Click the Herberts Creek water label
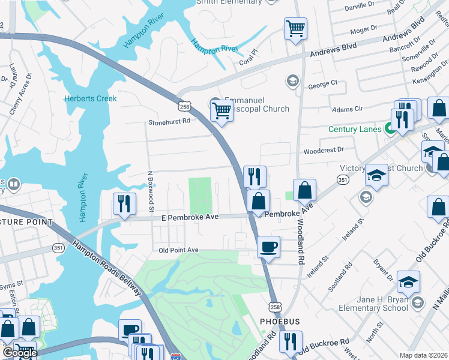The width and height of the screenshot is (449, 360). point(91,98)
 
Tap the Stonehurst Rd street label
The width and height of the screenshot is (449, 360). point(169,121)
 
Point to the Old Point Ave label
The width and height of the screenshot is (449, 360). point(178,250)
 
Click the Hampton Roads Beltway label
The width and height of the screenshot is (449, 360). point(109,268)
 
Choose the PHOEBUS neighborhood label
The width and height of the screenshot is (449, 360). point(279,322)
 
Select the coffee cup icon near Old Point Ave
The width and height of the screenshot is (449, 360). point(268,247)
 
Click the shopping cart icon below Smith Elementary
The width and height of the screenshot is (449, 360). point(295,28)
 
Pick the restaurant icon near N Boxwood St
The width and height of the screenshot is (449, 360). point(124,204)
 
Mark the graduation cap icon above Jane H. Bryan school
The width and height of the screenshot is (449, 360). point(408,282)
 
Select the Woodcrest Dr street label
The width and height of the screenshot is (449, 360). point(324,150)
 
